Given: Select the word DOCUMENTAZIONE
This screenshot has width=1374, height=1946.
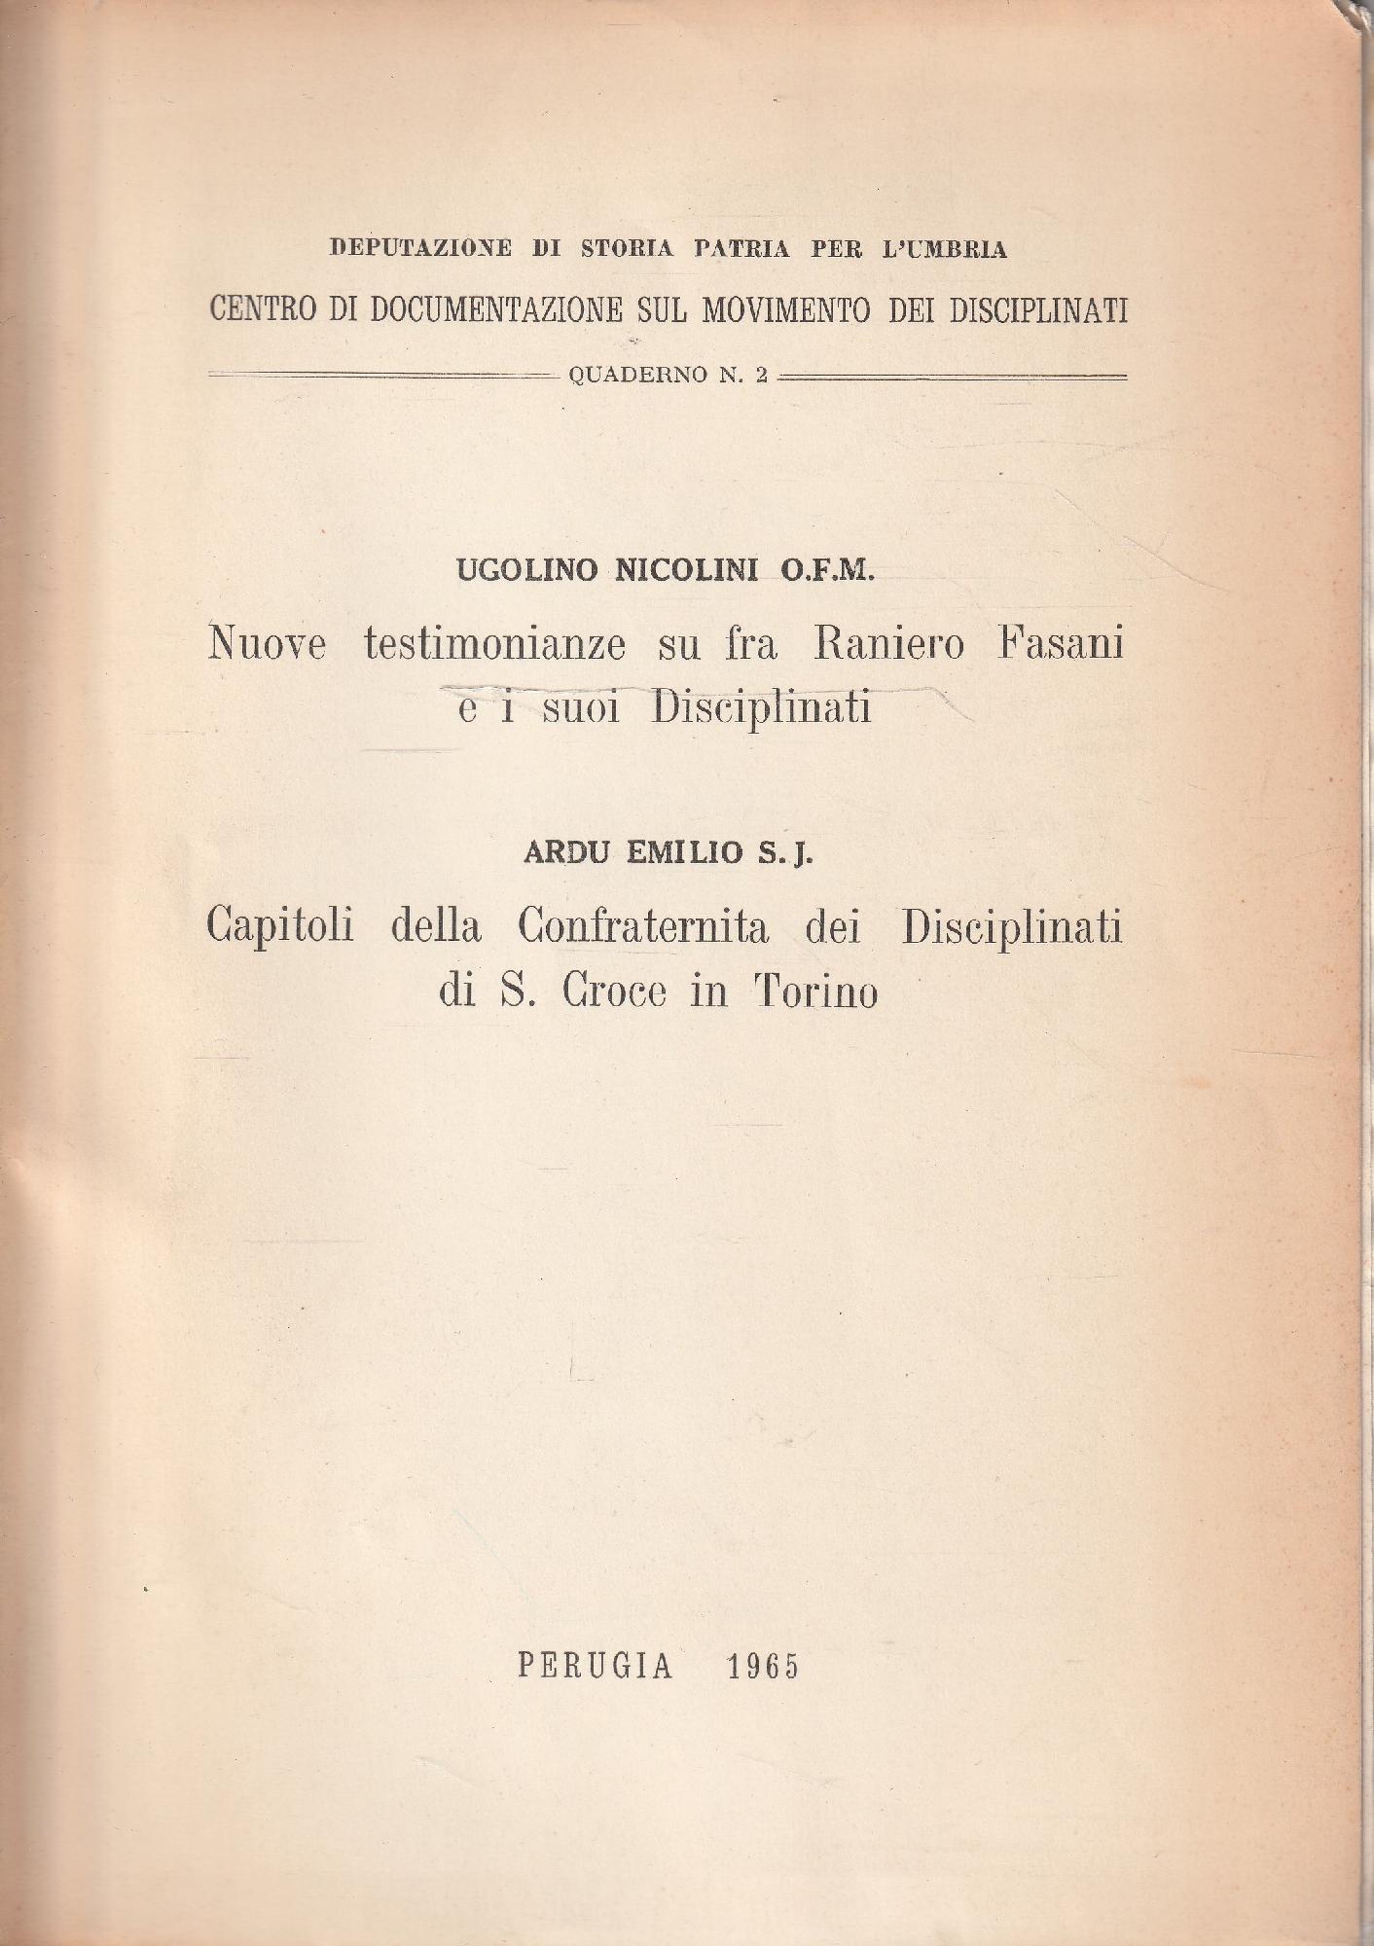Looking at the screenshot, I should coord(496,309).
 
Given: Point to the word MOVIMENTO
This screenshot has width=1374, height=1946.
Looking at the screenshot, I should coord(787,309).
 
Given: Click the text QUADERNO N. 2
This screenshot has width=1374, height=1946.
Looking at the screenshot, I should coord(669,376).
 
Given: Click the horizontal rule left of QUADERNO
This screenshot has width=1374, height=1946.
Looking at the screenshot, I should coord(380,375).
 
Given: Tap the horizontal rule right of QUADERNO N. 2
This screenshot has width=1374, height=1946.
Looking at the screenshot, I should coord(953,375).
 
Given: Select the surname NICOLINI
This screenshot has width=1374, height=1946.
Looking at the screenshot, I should coord(686,570).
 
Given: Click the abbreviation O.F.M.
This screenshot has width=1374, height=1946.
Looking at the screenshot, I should coord(827,570).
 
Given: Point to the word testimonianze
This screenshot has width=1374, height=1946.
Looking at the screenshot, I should coord(494,644).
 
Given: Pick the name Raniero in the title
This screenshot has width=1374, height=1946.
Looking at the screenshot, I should coord(887,644).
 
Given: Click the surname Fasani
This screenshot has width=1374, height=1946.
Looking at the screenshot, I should coord(1060,644).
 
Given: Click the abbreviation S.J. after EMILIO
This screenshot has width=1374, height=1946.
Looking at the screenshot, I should coord(784,853).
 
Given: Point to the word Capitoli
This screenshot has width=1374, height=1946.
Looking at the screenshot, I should coord(279,926).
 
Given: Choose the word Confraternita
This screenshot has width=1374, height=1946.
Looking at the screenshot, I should coord(643,926).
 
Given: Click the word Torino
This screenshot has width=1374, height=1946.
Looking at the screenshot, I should coord(815,991).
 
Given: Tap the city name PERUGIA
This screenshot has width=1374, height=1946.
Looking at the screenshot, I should coord(596,1667).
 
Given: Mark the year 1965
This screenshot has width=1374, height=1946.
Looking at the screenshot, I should coord(763,1667).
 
